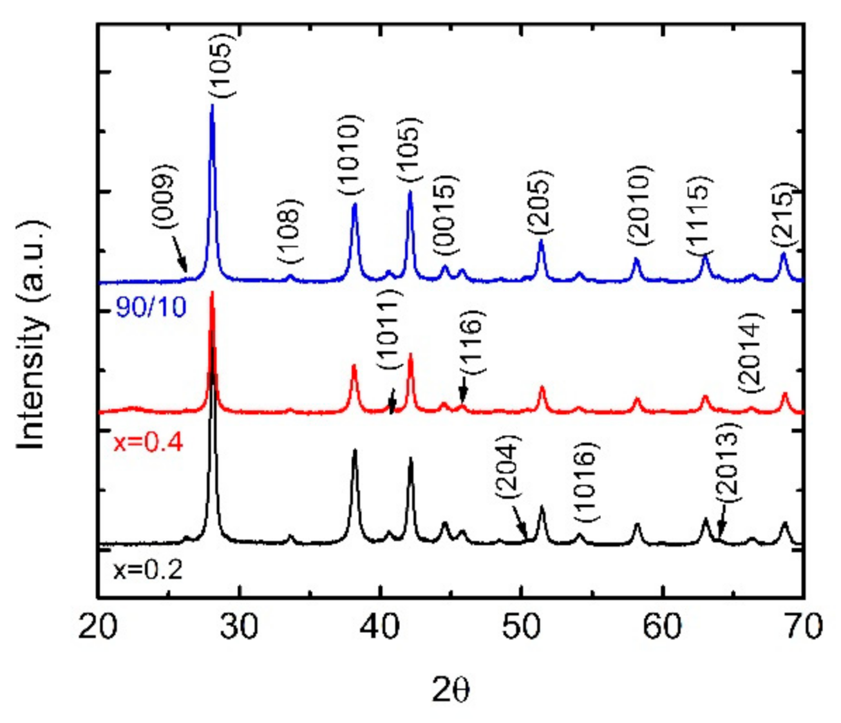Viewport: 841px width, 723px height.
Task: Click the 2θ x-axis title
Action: click(x=451, y=690)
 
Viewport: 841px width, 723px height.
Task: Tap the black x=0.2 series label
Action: click(x=148, y=570)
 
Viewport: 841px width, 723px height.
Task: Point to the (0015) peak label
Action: click(x=445, y=215)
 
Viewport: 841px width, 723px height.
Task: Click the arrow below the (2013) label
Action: click(x=722, y=523)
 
